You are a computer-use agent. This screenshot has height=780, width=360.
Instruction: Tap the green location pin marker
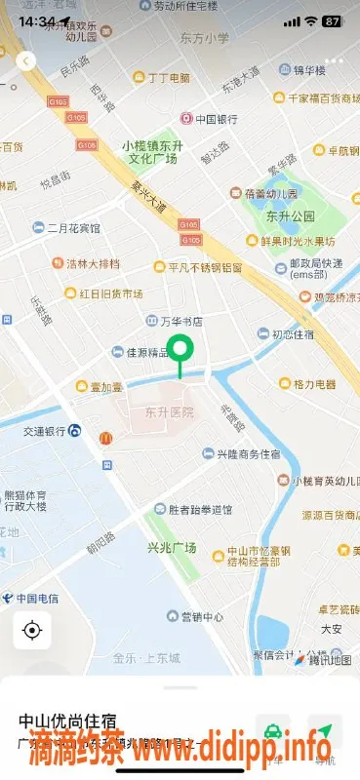pyautogui.click(x=180, y=349)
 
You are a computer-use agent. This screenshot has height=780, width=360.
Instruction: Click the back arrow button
pyautogui.click(x=26, y=60)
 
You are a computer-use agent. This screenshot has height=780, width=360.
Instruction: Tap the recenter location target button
pyautogui.click(x=32, y=631)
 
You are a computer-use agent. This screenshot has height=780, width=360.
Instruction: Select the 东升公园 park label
pyautogui.click(x=290, y=215)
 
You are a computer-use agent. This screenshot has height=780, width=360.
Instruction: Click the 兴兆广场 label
pyautogui.click(x=171, y=547)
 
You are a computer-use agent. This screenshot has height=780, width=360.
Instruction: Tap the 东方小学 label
pyautogui.click(x=205, y=38)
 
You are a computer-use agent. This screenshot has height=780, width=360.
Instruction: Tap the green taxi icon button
pyautogui.click(x=274, y=731)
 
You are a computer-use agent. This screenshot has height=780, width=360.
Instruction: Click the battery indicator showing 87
pyautogui.click(x=333, y=20)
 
